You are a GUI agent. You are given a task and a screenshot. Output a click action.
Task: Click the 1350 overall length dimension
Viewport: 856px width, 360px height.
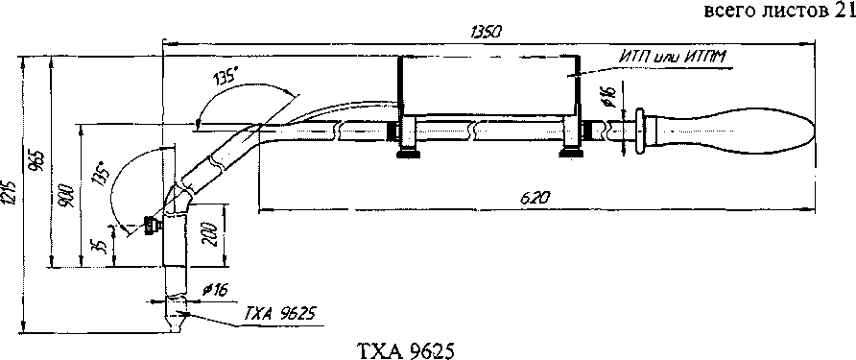click(483, 33)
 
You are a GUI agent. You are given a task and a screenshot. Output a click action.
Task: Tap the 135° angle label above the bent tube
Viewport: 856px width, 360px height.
click(225, 77)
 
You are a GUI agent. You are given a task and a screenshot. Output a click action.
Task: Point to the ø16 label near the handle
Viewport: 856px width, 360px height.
click(609, 97)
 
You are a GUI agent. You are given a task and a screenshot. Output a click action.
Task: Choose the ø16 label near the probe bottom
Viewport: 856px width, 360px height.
click(215, 290)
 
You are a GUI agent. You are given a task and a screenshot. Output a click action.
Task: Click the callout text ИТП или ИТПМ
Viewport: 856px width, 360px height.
click(675, 56)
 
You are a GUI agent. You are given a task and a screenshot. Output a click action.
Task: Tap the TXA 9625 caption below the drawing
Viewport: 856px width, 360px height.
click(404, 349)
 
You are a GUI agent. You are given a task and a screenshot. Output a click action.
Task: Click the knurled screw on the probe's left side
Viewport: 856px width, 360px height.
click(151, 225)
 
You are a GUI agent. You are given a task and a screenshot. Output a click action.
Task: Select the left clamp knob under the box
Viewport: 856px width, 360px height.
click(408, 154)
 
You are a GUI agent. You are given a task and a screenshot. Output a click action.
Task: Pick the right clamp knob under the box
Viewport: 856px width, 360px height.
click(572, 153)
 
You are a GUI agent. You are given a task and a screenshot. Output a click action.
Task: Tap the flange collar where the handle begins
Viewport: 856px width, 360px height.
click(639, 132)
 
